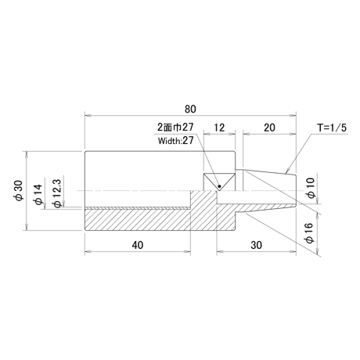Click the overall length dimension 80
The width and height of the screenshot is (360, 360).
pyautogui.click(x=190, y=109)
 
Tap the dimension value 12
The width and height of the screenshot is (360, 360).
pyautogui.click(x=219, y=128)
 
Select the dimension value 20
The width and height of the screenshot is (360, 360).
pyautogui.click(x=269, y=128)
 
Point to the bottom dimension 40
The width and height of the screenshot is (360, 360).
pyautogui.click(x=138, y=245)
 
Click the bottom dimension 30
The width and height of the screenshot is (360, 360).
pyautogui.click(x=256, y=245)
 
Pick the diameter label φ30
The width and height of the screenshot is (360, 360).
pyautogui.click(x=20, y=190)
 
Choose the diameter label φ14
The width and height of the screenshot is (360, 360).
pyautogui.click(x=38, y=194)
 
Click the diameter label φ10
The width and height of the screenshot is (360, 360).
pyautogui.click(x=311, y=188)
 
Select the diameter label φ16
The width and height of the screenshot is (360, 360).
pyautogui.click(x=309, y=233)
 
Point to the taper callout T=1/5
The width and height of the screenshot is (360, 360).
pyautogui.click(x=332, y=128)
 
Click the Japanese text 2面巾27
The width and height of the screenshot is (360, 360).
pyautogui.click(x=175, y=127)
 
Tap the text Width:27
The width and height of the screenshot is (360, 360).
pyautogui.click(x=175, y=141)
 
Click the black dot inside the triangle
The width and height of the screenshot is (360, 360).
pyautogui.click(x=220, y=186)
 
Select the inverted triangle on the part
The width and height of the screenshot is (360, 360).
pyautogui.click(x=219, y=182)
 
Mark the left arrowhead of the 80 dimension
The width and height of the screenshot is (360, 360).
pyautogui.click(x=88, y=115)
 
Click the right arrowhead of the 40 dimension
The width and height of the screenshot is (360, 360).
pyautogui.click(x=187, y=251)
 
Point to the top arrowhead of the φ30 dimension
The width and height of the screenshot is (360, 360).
pyautogui.click(x=26, y=154)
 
